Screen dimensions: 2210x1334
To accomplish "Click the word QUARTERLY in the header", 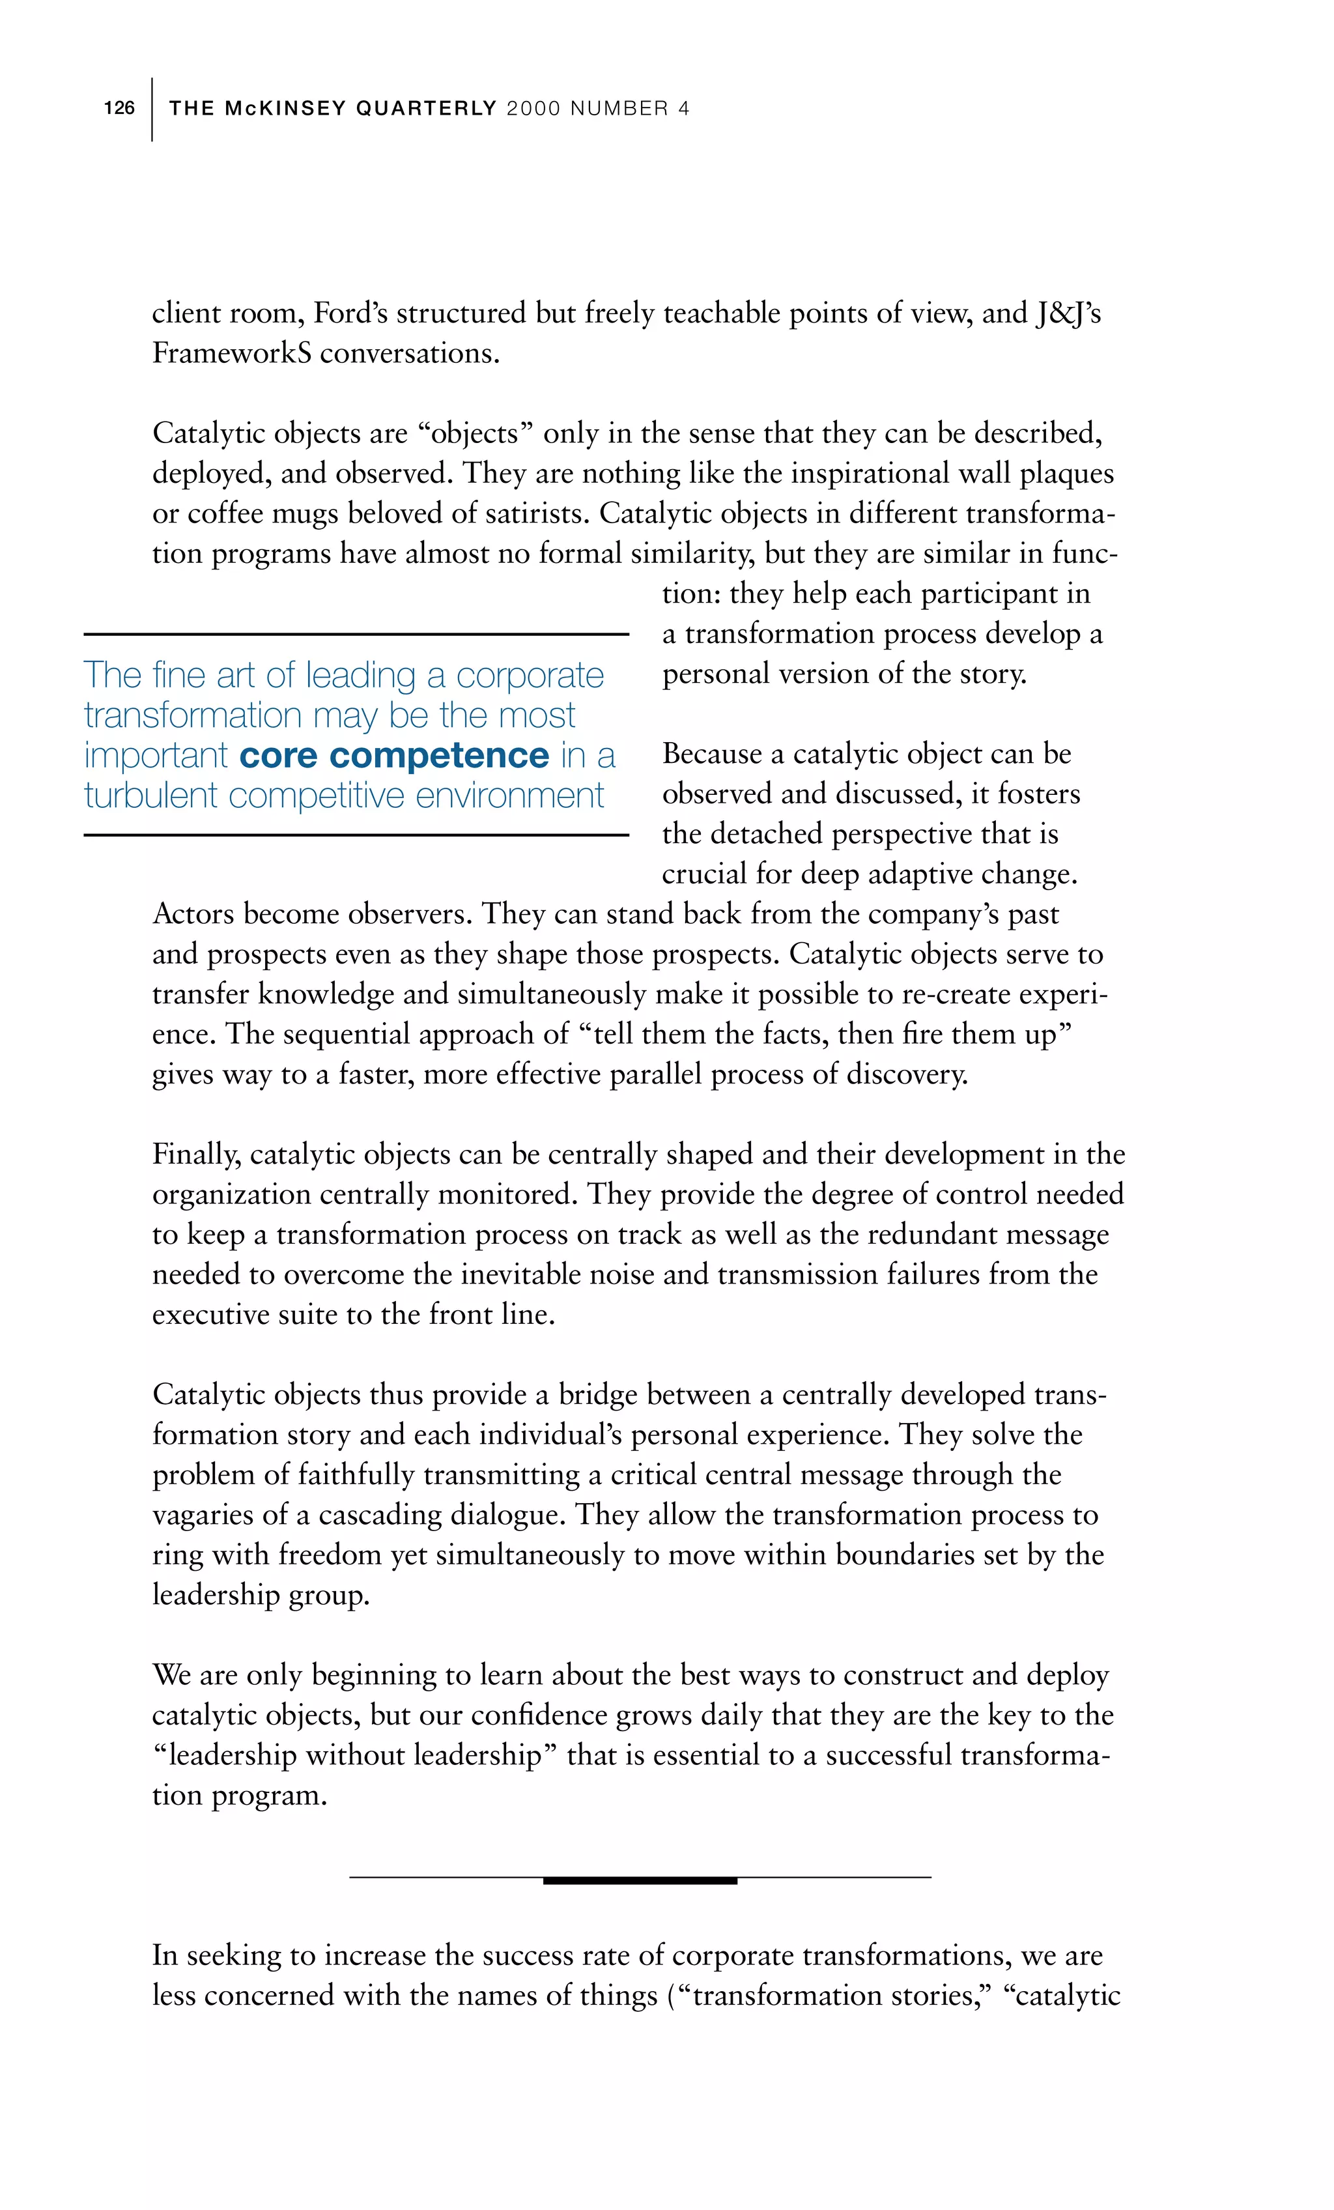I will coord(426,109).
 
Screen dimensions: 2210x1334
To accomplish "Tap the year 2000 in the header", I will coord(533,109).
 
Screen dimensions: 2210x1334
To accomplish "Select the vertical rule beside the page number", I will coord(152,109).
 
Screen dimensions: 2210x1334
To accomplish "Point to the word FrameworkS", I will coord(231,353).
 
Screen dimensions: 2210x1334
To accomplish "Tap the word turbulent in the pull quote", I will coord(150,796).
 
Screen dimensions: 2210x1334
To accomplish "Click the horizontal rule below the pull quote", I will coord(356,835).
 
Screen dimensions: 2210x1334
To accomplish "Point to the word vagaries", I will coord(203,1515).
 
